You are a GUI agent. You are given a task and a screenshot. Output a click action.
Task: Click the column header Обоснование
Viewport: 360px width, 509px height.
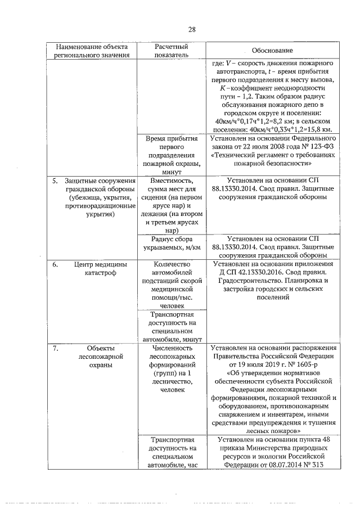coord(272,50)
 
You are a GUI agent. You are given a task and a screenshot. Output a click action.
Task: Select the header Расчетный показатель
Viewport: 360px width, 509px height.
coord(171,50)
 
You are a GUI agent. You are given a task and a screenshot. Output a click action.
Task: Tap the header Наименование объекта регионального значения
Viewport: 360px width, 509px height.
coord(92,50)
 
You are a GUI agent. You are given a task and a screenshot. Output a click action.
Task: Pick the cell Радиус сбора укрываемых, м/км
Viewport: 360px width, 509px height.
coord(171,243)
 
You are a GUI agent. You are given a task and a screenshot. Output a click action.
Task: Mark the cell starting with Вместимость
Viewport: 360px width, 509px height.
coord(171,205)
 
